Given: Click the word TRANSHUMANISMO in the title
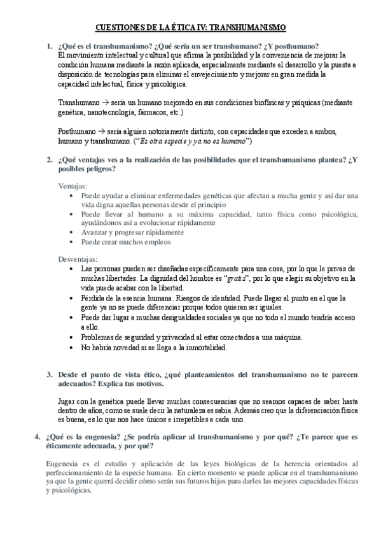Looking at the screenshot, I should click(249, 27).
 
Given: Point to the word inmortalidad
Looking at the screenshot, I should click(205, 348).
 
